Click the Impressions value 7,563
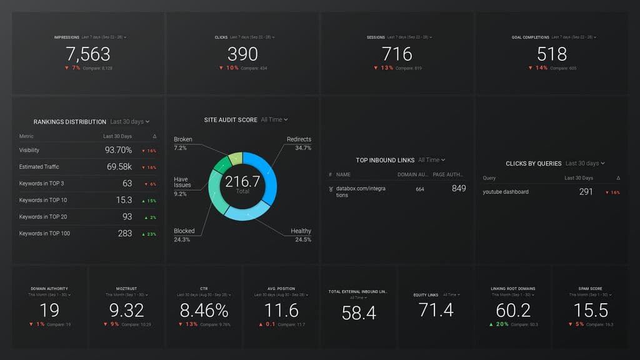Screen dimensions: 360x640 point(88,54)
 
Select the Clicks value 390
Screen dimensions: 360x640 point(242,54)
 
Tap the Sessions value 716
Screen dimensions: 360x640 point(397,54)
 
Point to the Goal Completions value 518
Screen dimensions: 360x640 point(552,54)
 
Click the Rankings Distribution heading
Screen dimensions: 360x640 point(69,122)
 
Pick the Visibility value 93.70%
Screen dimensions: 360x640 point(118,150)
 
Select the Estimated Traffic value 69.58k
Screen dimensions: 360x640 point(119,167)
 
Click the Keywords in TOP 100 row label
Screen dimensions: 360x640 point(44,234)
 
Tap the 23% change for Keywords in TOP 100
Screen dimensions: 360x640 point(150,234)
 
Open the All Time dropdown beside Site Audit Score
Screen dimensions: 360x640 point(274,119)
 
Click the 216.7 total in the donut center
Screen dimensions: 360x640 point(242,182)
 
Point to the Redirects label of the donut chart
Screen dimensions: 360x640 point(299,139)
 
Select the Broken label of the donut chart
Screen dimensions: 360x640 point(183,139)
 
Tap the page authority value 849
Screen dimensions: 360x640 point(458,188)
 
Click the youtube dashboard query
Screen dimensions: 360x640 point(505,192)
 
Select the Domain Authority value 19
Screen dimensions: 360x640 point(49,310)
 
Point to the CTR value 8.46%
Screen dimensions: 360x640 point(204,310)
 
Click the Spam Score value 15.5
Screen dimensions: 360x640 point(590,310)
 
